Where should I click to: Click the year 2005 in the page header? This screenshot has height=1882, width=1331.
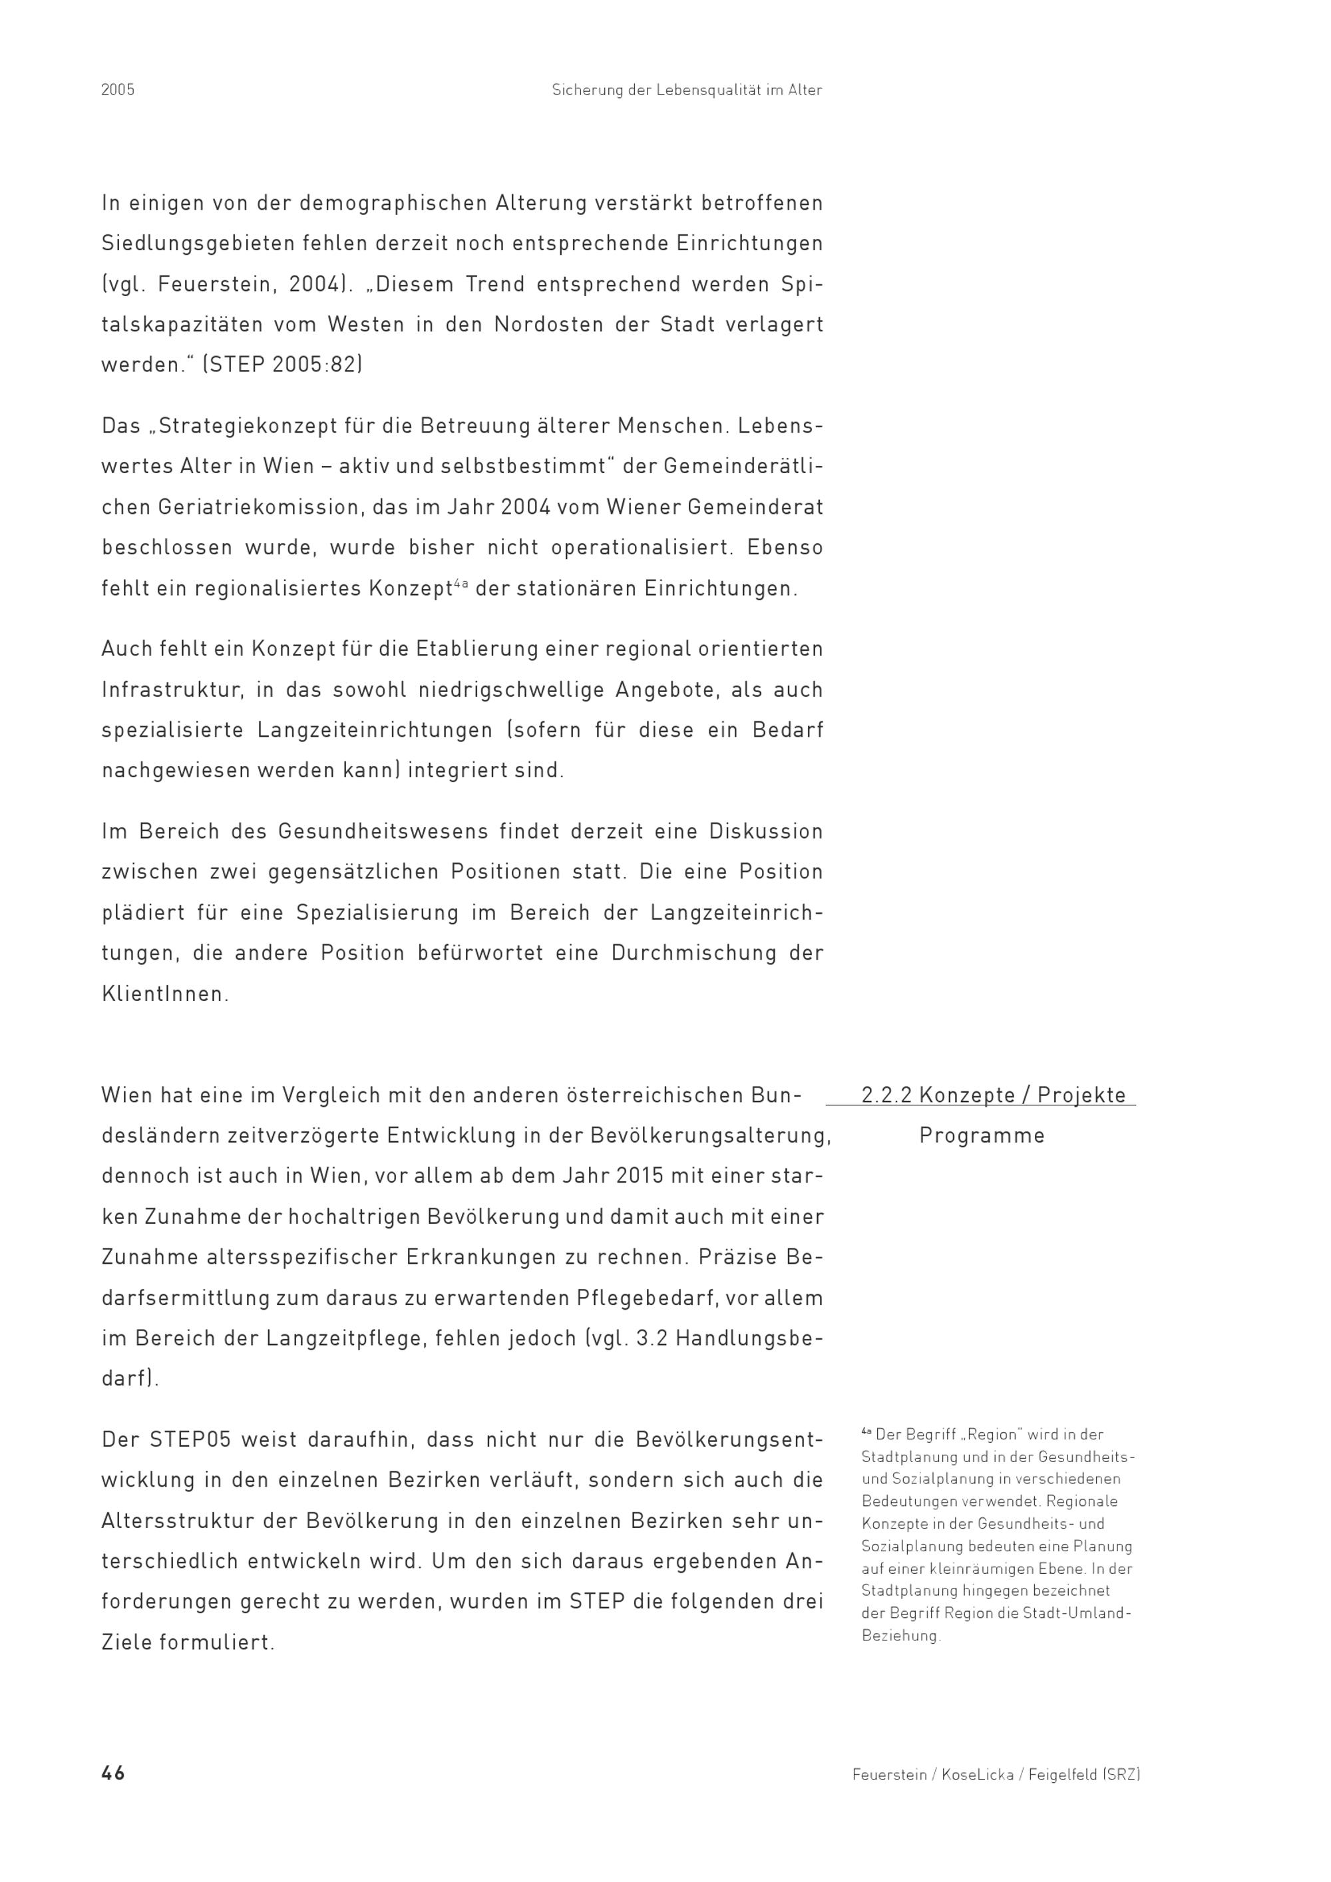point(118,90)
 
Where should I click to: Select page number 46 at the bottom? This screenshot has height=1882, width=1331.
point(113,1773)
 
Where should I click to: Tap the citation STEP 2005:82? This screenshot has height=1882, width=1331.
point(283,365)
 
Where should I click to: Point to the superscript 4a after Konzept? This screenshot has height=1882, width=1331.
point(461,584)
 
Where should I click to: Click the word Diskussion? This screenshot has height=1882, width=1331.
point(765,832)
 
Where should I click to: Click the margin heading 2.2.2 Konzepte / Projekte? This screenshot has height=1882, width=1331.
point(994,1095)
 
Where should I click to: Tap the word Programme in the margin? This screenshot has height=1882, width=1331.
point(982,1136)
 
